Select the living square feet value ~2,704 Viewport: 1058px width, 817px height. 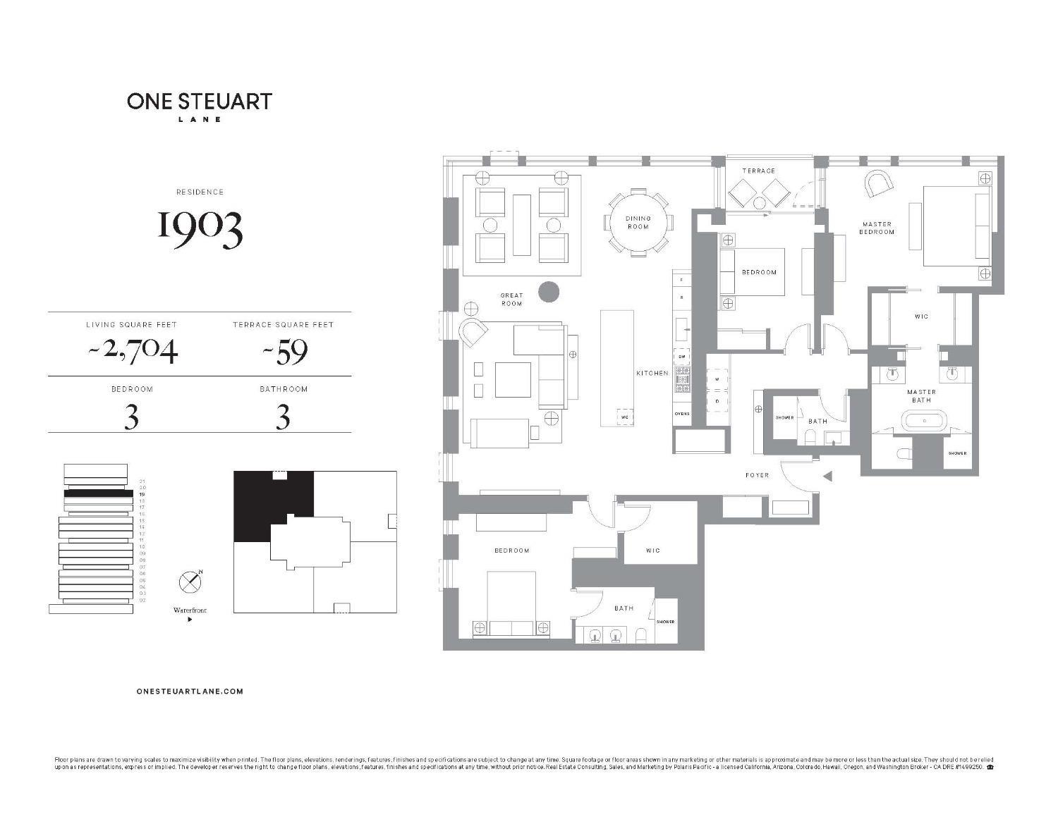[x=132, y=350]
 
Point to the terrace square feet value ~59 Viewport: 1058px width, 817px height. [x=284, y=350]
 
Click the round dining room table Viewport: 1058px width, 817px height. [x=638, y=223]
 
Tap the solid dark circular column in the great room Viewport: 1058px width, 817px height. [x=548, y=291]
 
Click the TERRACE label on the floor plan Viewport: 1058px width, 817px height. [x=758, y=171]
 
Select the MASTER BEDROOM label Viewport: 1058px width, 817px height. [x=877, y=228]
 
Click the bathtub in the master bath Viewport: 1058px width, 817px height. [x=921, y=422]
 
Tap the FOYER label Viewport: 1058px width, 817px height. [x=757, y=475]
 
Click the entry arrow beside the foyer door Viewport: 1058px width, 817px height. [x=827, y=477]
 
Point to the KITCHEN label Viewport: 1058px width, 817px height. [x=652, y=373]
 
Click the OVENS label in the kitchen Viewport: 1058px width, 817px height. [x=681, y=413]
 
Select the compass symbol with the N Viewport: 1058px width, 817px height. [x=190, y=582]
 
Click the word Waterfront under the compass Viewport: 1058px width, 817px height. [x=190, y=610]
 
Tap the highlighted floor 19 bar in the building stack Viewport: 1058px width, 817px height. [x=98, y=494]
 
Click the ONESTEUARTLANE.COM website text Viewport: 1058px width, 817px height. [x=190, y=691]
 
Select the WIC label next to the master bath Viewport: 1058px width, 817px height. [x=921, y=317]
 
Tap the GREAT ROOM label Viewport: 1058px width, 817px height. [x=511, y=300]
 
